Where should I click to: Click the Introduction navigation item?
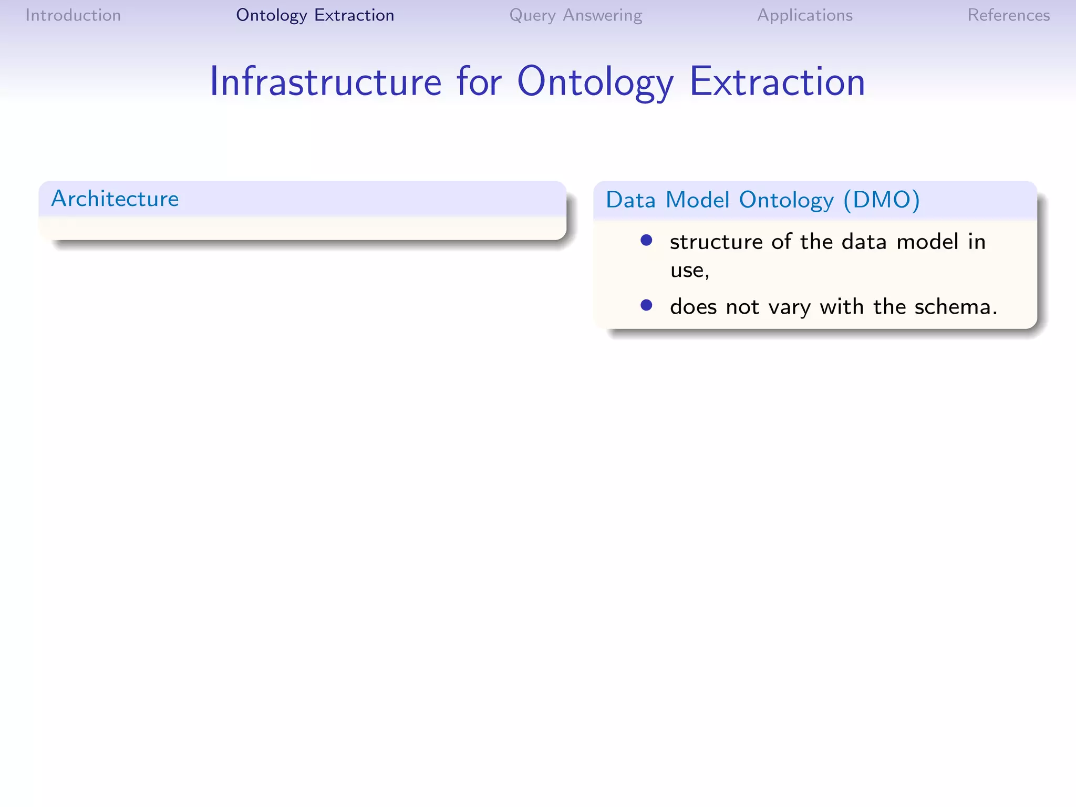pos(73,15)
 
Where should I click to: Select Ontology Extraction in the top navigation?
pos(315,15)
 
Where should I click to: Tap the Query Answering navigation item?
pos(575,15)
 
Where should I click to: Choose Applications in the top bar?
pos(804,15)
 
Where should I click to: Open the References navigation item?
pos(1008,15)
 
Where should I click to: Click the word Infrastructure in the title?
pos(325,82)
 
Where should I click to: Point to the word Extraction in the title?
pos(777,82)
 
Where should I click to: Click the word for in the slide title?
pos(479,82)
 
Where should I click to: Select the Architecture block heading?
pos(115,199)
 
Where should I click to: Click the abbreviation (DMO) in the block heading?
pos(881,200)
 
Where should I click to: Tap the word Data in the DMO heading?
pos(630,200)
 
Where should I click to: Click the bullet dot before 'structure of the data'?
pos(646,241)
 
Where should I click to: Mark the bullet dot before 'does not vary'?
pos(646,305)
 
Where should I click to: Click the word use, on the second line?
pos(689,270)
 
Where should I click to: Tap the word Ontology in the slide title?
pos(595,82)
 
